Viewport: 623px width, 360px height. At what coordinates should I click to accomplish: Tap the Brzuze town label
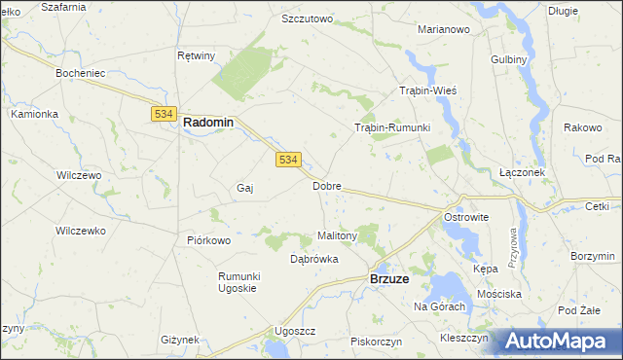pos(389,278)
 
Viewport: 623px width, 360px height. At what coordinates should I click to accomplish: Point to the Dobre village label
pos(326,185)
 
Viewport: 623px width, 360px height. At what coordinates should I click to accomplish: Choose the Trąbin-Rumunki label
pos(391,127)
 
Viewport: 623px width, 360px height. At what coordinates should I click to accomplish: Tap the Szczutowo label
pos(307,18)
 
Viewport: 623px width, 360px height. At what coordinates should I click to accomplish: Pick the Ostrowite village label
pos(465,217)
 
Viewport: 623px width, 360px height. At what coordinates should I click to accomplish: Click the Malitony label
pos(339,235)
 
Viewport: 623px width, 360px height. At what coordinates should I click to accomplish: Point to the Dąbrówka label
pos(314,260)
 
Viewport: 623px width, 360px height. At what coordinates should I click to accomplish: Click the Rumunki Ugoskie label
pos(237,282)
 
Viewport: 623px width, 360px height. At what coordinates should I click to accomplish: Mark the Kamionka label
pos(35,114)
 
